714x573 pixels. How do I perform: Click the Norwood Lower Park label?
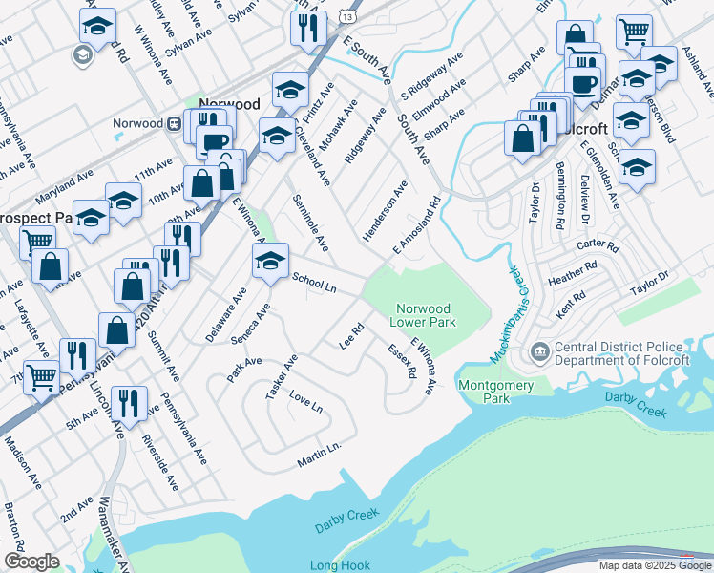click(x=424, y=315)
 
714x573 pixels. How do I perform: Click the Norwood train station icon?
click(x=176, y=123)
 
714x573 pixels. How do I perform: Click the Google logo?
click(x=31, y=562)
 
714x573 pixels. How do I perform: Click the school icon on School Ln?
click(x=270, y=261)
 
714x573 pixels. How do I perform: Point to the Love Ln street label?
click(x=306, y=401)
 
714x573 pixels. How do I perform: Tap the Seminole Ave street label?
click(x=311, y=223)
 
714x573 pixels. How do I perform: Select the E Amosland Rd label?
click(x=417, y=226)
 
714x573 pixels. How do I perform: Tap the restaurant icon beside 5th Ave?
click(x=125, y=403)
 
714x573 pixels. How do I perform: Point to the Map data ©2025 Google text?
click(x=654, y=565)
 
